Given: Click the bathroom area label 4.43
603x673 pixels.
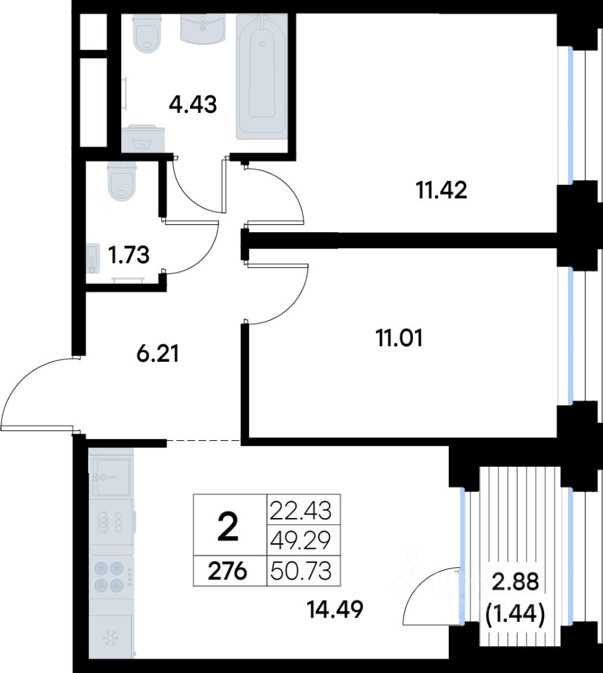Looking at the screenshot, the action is coord(193,104).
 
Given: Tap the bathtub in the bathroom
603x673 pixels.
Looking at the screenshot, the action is coord(262,76).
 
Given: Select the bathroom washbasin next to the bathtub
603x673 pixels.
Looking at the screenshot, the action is coord(203,28).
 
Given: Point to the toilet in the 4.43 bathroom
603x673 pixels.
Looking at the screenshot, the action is coord(148,34).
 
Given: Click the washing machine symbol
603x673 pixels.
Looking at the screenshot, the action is coord(143,139).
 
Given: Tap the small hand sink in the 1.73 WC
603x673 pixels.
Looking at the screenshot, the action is coord(93,258).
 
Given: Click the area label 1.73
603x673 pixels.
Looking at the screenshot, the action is coord(128,255).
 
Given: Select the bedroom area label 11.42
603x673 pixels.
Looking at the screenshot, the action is coord(442,190).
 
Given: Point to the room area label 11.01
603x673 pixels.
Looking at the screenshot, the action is coord(399,338).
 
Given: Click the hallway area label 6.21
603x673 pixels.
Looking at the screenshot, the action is coord(157,353).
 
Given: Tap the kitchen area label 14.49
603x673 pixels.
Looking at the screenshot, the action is coord(336,609).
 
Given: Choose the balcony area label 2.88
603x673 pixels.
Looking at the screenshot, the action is coord(515,583).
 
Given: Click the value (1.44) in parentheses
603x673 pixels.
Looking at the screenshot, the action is coord(515,614).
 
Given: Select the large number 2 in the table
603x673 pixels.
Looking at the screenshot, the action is coord(228,529).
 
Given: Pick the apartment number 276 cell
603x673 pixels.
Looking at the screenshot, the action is coord(227,571).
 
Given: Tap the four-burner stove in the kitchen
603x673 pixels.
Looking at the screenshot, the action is coord(111,576).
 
